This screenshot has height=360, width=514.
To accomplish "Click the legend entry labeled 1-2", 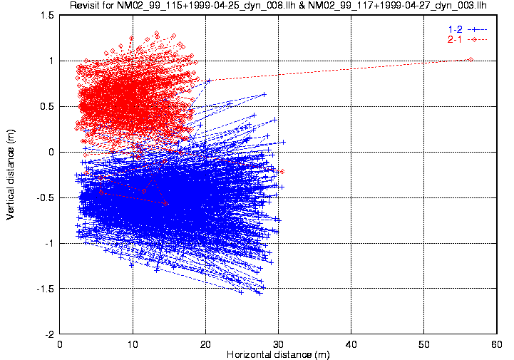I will coord(454,29).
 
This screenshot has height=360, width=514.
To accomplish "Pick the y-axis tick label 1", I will coord(51,61).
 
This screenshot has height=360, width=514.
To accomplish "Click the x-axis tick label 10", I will coord(133,344).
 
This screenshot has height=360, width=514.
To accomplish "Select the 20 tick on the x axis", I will coord(205,344).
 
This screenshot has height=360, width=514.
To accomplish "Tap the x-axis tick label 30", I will coord(278,344).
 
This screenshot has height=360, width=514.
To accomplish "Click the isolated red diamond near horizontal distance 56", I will coord(471,60).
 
